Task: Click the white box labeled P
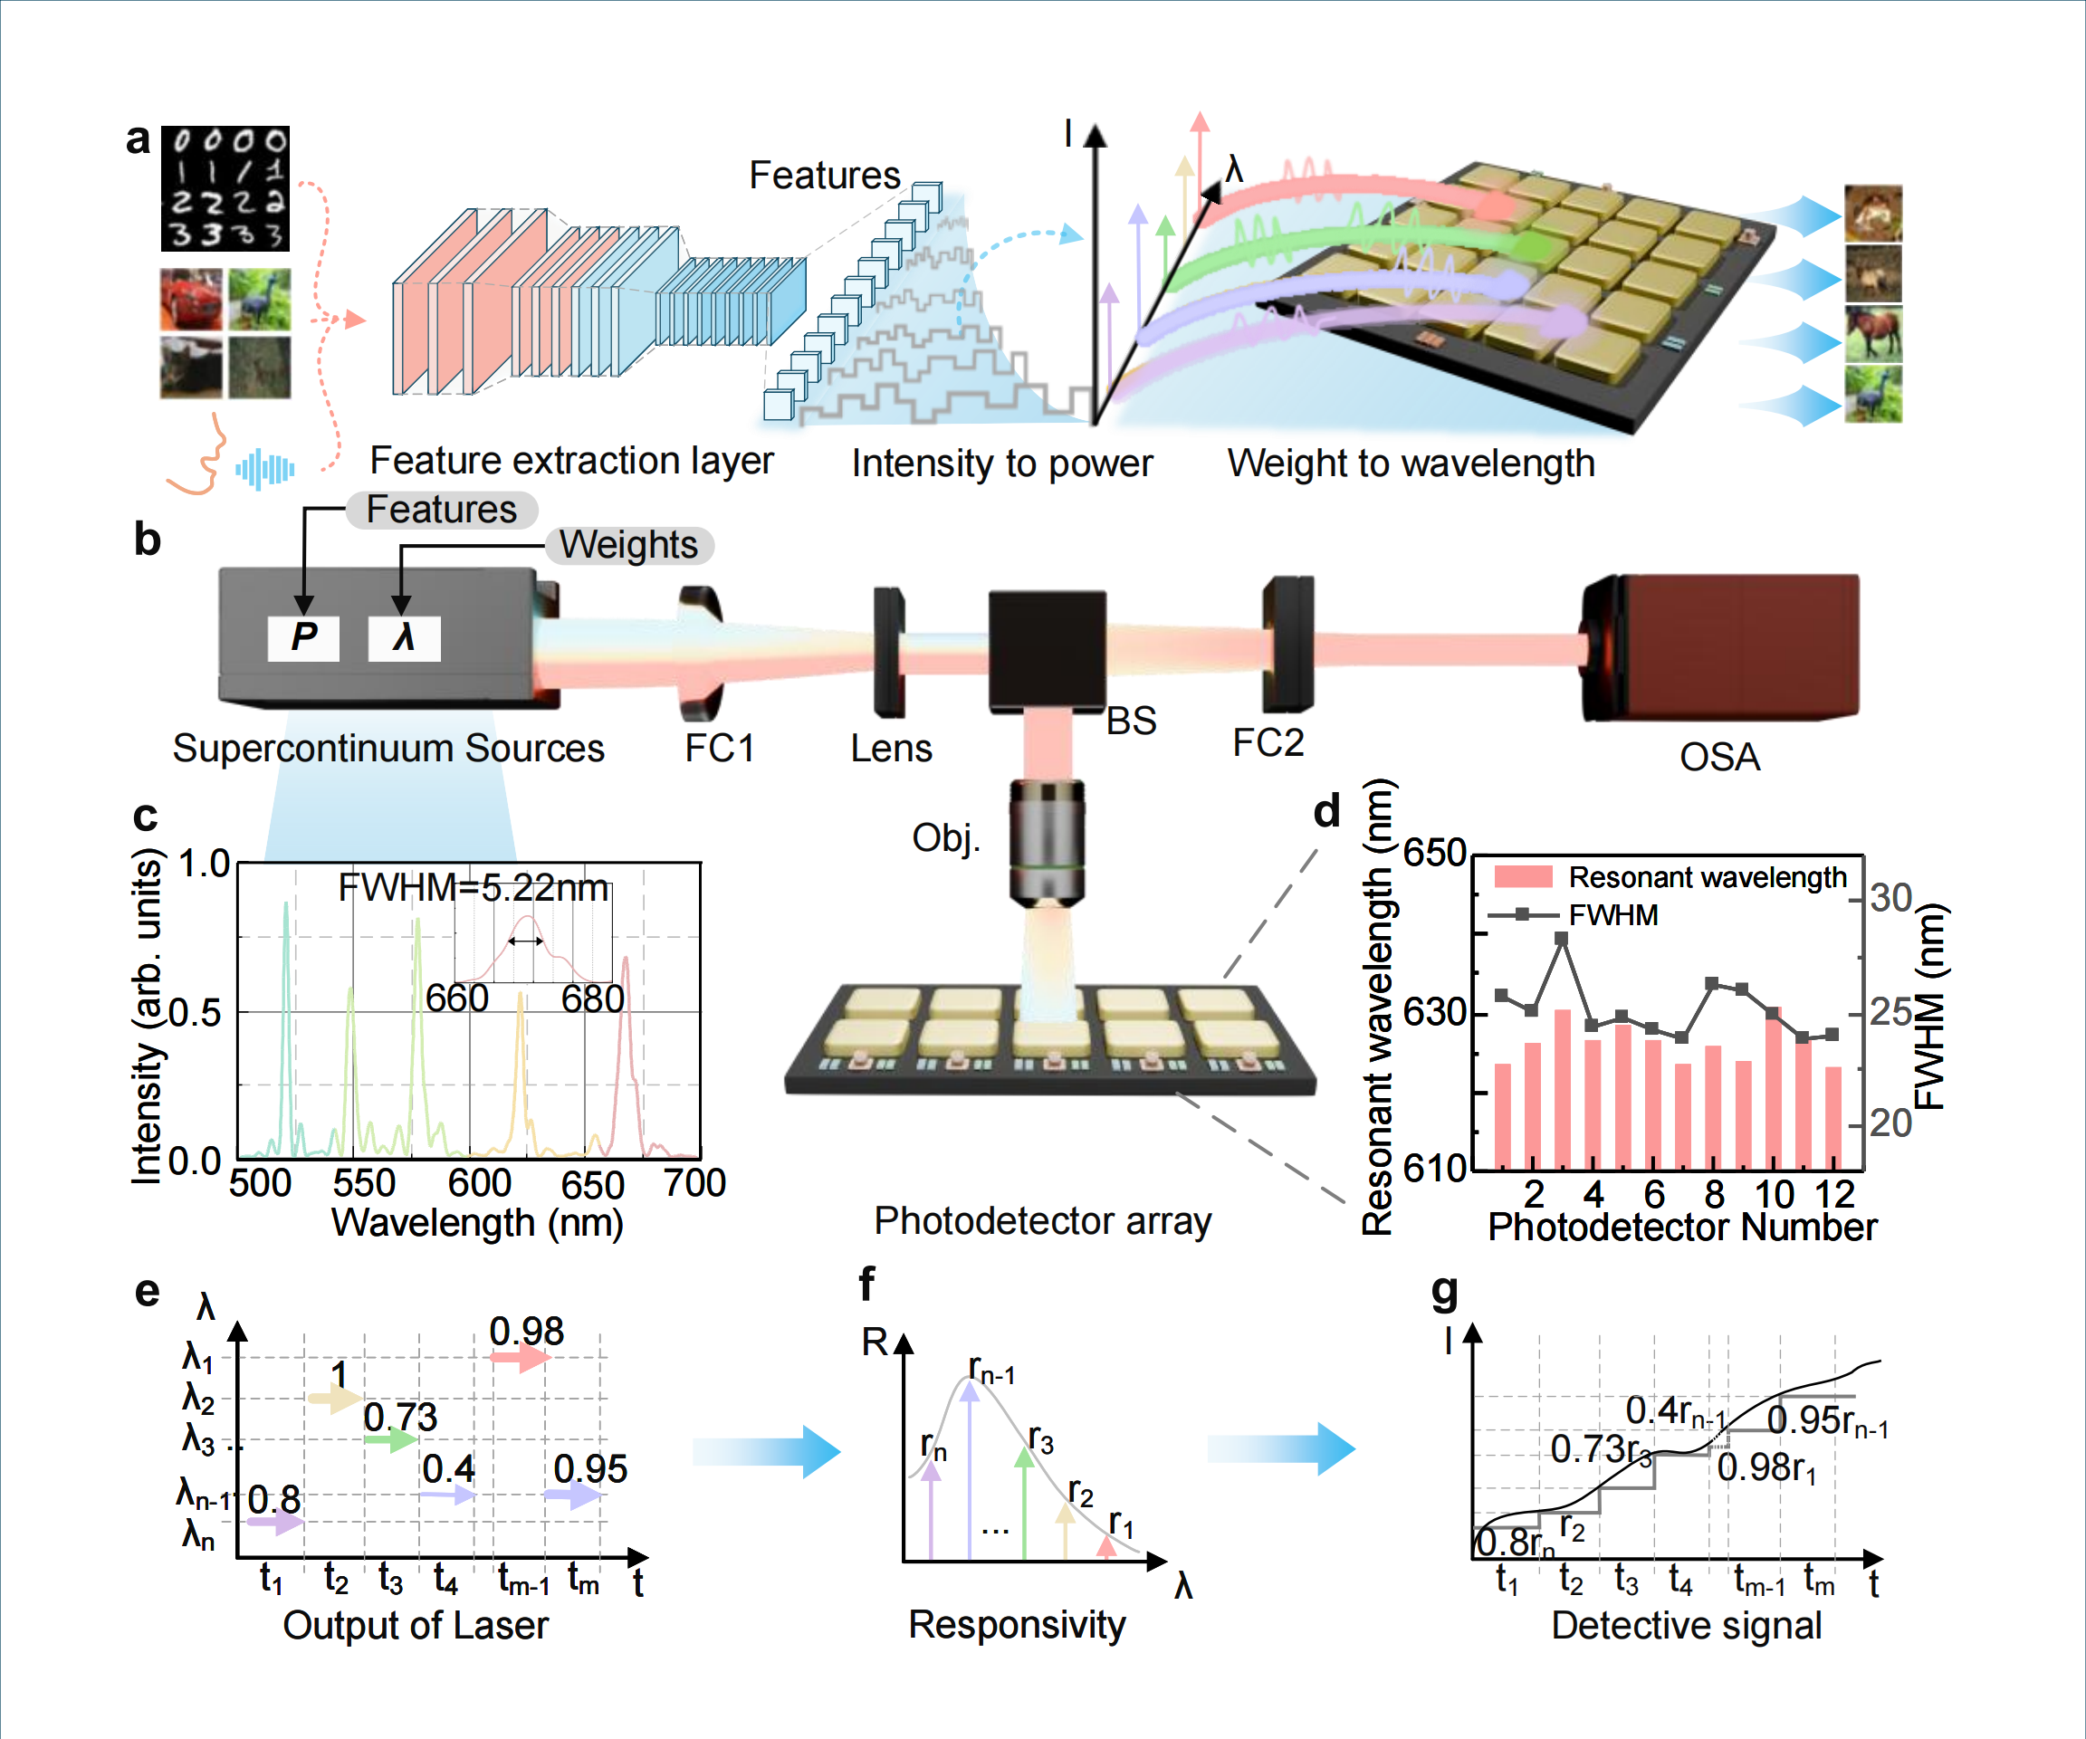click(303, 637)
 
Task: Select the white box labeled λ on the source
click(403, 637)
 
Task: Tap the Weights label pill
click(628, 545)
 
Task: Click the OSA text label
click(1719, 758)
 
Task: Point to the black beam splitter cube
click(1047, 651)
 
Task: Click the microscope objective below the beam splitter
click(1047, 843)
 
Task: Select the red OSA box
click(1720, 646)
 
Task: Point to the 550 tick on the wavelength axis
click(364, 1184)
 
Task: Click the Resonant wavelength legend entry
click(1669, 877)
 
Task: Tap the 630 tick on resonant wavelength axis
click(1433, 1012)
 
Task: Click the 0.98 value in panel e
click(526, 1331)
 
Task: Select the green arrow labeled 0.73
click(390, 1439)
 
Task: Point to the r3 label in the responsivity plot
click(1040, 1438)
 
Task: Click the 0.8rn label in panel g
click(1514, 1543)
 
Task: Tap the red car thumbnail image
click(191, 299)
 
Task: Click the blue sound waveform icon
click(264, 469)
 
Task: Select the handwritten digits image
click(225, 187)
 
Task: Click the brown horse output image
click(1873, 334)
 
